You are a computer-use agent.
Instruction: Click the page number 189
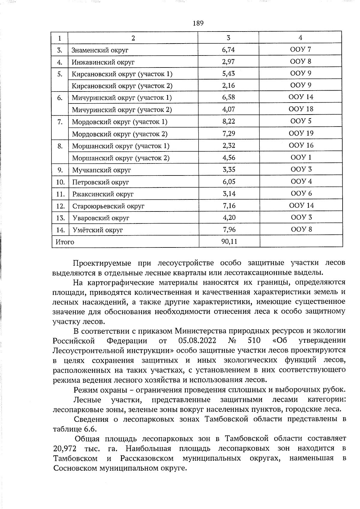click(x=198, y=23)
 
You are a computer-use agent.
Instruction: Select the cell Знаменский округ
click(x=100, y=50)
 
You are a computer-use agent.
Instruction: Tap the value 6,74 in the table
click(x=228, y=49)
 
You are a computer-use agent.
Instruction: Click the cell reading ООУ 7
click(x=301, y=49)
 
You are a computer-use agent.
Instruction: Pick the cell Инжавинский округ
click(x=103, y=62)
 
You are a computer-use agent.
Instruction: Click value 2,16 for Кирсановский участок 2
click(x=228, y=85)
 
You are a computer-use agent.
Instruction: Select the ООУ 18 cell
click(x=301, y=109)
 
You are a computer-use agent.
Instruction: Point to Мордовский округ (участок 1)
click(x=119, y=122)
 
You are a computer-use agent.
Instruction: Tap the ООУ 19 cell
click(x=301, y=133)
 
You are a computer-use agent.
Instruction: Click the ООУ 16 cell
click(x=301, y=145)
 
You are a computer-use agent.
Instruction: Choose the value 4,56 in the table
click(x=229, y=158)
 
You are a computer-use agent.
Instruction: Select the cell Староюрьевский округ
click(x=108, y=206)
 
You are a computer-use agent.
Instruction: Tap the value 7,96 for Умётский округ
click(x=229, y=230)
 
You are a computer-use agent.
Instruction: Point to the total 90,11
click(x=229, y=241)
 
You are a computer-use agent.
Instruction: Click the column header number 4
click(x=300, y=38)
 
